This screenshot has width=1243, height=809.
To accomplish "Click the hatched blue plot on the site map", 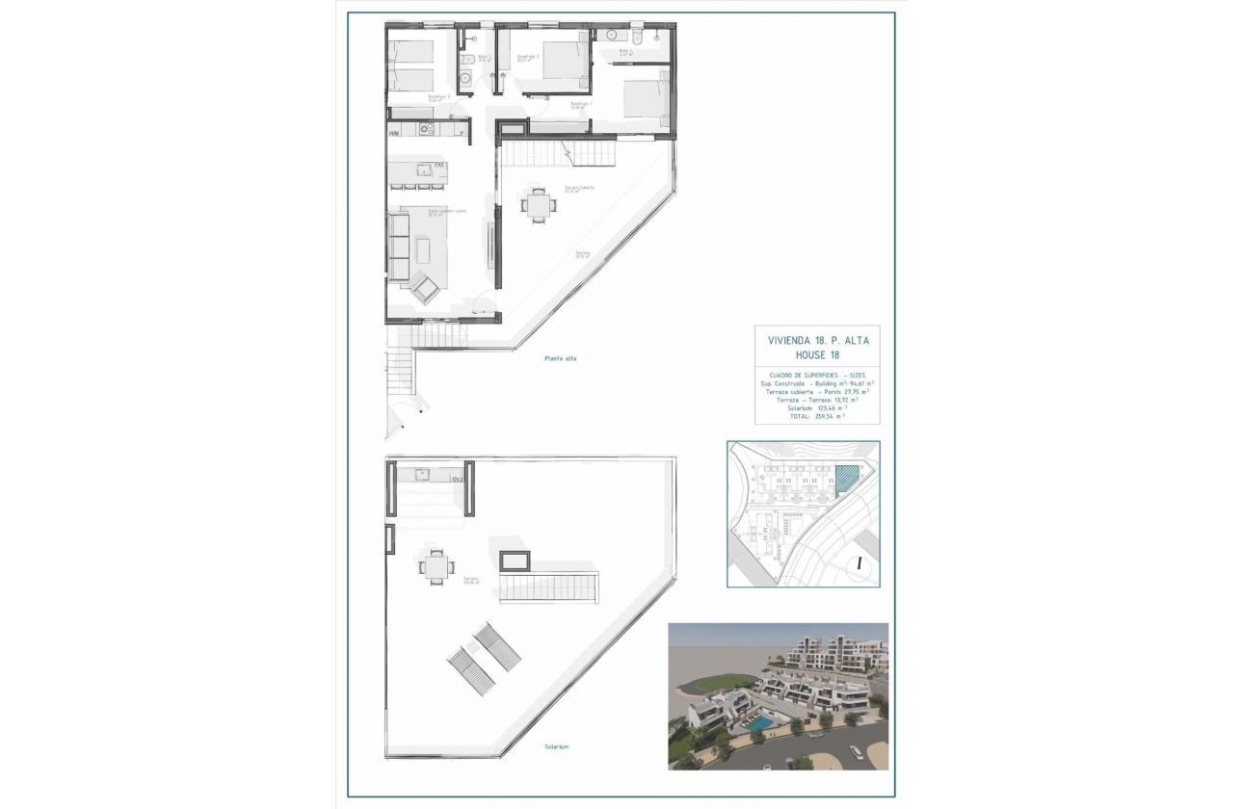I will pos(844,479).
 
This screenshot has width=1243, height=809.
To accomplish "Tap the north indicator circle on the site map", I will pos(858,565).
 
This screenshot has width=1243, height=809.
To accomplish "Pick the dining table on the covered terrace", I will pos(537,204).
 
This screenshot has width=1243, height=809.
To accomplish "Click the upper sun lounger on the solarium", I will pos(496,645).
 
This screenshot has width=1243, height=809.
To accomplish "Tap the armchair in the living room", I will pos(426,287).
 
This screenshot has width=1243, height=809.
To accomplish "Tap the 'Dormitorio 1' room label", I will pos(581,104).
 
